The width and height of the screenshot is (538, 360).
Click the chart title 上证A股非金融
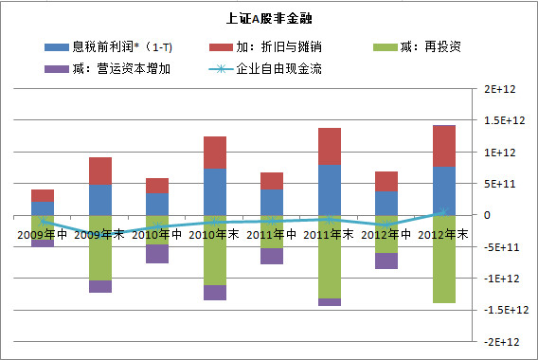pos(269,18)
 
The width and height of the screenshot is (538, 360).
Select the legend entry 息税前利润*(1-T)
pos(108,46)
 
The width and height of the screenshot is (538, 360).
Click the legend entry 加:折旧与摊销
pos(265,46)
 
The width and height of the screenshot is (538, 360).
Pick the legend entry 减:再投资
pos(417,46)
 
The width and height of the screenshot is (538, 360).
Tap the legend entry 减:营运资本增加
pos(107,69)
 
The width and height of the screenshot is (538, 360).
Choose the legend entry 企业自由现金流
pos(265,69)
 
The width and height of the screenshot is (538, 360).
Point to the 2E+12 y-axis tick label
pos(500,89)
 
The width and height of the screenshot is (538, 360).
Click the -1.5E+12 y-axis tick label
pos(507,310)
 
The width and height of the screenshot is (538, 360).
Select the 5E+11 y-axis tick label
pos(500,184)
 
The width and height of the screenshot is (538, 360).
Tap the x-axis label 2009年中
pos(43,235)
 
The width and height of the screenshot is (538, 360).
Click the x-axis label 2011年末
pos(329,235)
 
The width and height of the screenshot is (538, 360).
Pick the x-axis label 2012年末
pos(443,235)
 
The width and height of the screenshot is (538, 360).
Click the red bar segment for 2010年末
pos(215,153)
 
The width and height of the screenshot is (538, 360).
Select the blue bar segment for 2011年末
pos(330,190)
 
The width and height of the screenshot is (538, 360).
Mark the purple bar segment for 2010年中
pos(157,254)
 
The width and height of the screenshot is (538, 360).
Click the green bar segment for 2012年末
pos(444,260)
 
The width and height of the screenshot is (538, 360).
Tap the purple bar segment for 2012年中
pos(386,261)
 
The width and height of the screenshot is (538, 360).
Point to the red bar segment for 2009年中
pos(43,195)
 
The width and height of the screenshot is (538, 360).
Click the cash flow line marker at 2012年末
pos(443,212)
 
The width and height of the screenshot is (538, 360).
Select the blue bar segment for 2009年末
pos(100,201)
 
